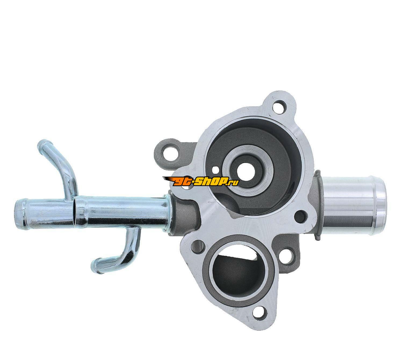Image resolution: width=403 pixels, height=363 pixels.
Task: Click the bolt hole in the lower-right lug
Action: (x=287, y=257)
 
